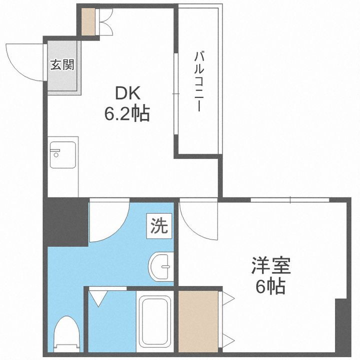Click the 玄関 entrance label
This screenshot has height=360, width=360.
(62, 65)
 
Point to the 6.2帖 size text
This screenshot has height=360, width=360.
(126, 114)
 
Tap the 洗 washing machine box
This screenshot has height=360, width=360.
(158, 226)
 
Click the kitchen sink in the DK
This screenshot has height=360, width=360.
(62, 155)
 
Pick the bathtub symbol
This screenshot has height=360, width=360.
(155, 321)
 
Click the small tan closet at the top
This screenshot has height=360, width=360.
(88, 21)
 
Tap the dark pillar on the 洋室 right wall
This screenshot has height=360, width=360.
(343, 327)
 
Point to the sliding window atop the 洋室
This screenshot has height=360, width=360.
(290, 200)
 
